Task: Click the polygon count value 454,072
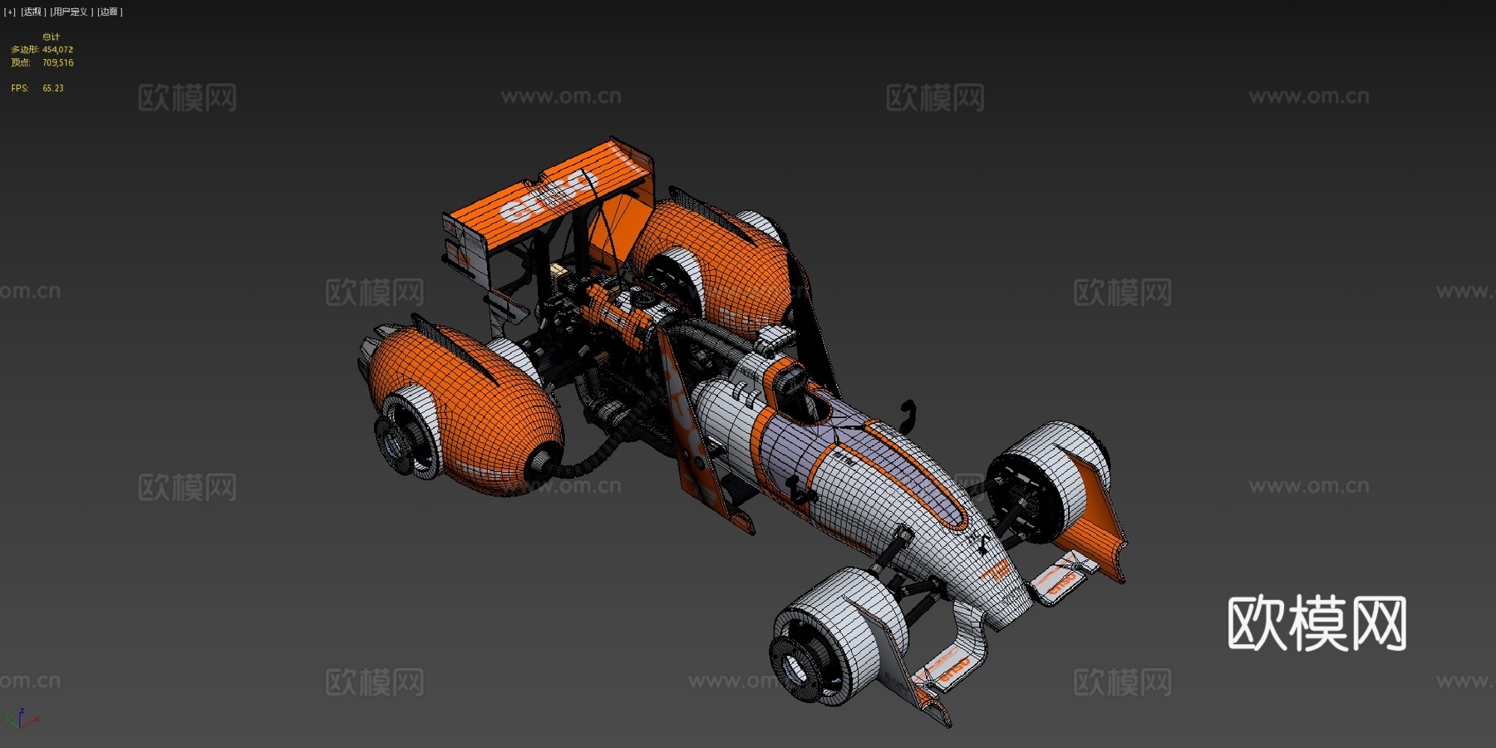(x=57, y=50)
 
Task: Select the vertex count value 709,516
(x=57, y=62)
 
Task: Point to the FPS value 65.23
(x=53, y=88)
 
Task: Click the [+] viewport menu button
(x=9, y=12)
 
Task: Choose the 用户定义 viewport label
(x=70, y=12)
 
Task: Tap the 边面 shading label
(x=110, y=12)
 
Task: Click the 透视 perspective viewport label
(x=32, y=12)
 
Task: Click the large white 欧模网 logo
(x=1316, y=623)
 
